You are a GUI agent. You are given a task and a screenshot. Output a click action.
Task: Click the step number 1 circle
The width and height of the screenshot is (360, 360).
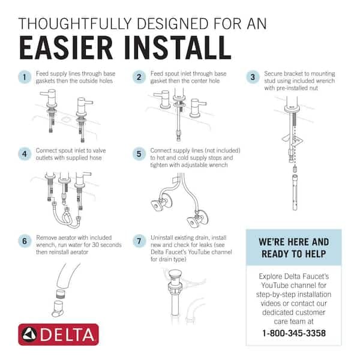coord(25,77)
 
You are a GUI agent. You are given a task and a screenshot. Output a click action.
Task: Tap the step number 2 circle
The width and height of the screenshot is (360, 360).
coord(139,77)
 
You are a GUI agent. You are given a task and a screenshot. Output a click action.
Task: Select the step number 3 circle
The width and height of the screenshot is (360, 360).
coord(253,77)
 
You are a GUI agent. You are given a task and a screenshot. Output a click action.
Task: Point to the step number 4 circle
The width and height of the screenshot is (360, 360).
coord(25,154)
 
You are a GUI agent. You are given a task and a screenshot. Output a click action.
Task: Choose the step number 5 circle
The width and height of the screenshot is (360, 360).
coord(139,154)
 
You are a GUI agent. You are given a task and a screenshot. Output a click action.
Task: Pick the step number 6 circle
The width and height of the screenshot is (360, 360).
coord(25,241)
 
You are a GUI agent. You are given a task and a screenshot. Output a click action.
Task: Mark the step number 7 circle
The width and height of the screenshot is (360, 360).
coord(139,241)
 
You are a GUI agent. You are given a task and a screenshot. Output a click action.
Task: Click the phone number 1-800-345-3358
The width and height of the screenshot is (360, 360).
coord(293,333)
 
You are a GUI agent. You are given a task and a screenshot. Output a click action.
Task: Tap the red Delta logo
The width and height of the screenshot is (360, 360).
coord(58,334)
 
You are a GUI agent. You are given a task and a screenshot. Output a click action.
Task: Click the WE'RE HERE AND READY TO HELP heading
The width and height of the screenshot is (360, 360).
coord(293,247)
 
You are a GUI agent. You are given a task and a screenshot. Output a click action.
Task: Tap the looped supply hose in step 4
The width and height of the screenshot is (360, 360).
coord(66,220)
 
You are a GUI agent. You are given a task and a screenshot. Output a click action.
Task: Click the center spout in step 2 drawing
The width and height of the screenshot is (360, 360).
coord(178,96)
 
